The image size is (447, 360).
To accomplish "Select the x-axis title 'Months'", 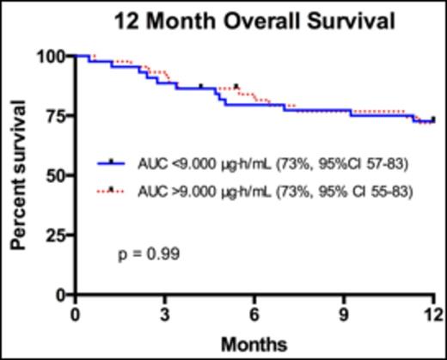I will click(254, 344).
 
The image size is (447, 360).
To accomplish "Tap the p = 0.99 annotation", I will click(149, 254).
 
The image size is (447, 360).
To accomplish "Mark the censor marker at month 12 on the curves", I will click(432, 119).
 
